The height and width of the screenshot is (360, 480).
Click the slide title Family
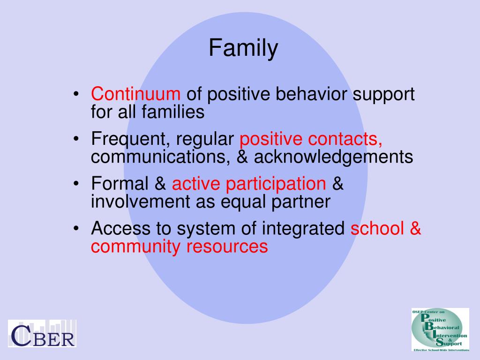pos(243,48)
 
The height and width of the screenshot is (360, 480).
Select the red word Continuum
pos(135,93)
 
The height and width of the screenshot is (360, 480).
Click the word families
pos(173,112)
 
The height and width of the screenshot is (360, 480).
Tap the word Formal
pos(120,183)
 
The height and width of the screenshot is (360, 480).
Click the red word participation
pos(276,184)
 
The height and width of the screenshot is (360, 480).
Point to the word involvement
pos(141,202)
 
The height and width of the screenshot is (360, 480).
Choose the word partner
pos(300,202)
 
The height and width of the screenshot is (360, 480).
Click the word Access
pos(121,228)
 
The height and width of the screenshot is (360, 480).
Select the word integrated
pos(303,228)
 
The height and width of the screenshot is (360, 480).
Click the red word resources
pos(227,247)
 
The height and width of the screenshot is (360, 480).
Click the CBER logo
pos(42,333)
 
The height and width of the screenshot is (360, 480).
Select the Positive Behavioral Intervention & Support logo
pos(440,330)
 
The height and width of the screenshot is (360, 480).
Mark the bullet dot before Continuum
pos(76,94)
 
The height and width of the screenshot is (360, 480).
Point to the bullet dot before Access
pos(76,229)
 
